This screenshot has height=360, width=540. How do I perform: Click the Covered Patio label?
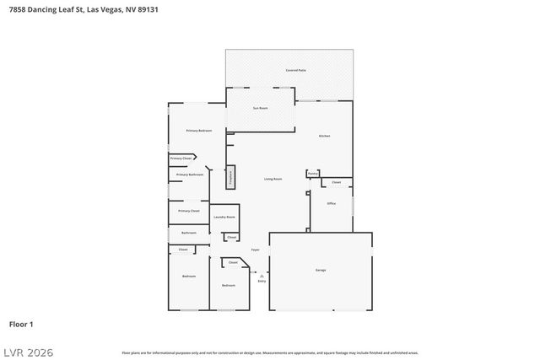tap(295, 70)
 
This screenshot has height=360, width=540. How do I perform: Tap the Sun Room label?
tap(261, 109)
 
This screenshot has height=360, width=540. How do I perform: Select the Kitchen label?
tap(324, 136)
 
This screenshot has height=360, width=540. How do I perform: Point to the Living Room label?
tap(273, 179)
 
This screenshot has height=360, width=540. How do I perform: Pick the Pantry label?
tap(312, 174)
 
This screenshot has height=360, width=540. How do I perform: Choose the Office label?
tap(332, 202)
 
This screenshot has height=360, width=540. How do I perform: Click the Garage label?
tap(321, 270)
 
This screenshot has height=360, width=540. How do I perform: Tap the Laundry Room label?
tap(224, 218)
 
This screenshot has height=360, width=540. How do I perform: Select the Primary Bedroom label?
tap(199, 131)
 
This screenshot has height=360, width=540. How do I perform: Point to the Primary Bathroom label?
tap(190, 175)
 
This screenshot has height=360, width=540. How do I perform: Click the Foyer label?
tap(255, 250)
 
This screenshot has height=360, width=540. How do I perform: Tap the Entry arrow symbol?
tap(262, 275)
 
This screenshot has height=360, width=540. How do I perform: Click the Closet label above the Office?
tap(336, 182)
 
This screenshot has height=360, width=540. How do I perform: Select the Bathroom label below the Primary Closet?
tap(189, 233)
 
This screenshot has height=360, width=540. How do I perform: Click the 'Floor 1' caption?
tap(21, 324)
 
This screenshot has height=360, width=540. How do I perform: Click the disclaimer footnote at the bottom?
tap(270, 352)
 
